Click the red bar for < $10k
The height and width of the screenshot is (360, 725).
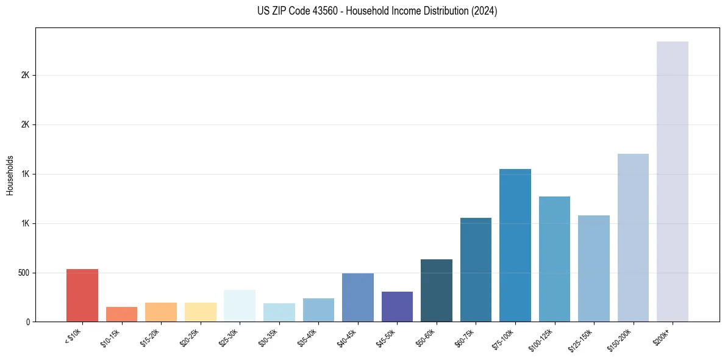[x=82, y=295]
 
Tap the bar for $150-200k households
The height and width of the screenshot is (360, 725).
[x=633, y=238]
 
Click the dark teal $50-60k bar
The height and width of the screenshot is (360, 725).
[x=437, y=290]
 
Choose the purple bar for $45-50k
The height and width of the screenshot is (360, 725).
[x=397, y=307]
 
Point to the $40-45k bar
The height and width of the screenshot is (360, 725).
[x=358, y=298]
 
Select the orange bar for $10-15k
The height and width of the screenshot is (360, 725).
[x=121, y=314]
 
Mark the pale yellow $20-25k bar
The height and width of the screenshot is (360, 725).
[x=200, y=312]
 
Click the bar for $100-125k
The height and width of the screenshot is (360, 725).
[x=554, y=259]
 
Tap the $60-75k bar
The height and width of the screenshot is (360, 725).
[x=476, y=270]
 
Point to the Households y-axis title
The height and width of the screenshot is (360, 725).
[x=10, y=175]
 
